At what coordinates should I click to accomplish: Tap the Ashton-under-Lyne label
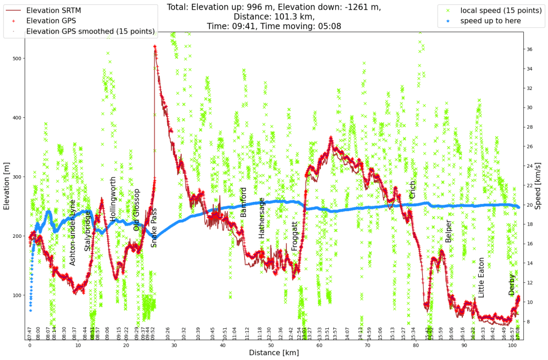[72, 232]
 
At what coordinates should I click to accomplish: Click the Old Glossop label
[137, 210]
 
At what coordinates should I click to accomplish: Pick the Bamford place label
[244, 202]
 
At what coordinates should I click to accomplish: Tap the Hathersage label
[262, 218]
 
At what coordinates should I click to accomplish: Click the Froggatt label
[295, 236]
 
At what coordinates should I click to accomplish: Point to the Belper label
[448, 230]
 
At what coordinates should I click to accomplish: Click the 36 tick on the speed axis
[529, 49]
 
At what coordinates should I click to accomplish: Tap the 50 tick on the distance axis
[271, 346]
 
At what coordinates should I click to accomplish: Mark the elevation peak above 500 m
[155, 47]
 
